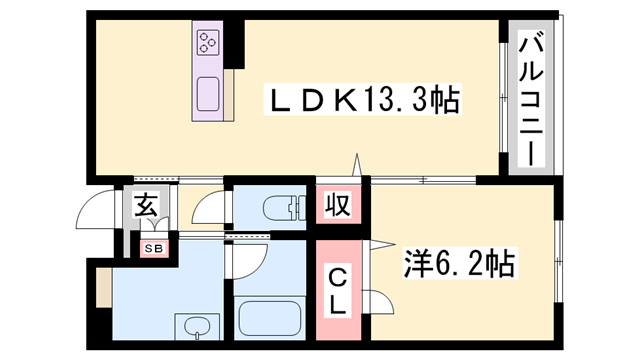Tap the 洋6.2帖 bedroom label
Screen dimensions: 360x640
[x=461, y=264]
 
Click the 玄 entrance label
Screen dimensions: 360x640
[x=145, y=207]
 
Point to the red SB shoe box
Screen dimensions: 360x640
[x=154, y=247]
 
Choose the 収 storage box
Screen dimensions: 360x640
[x=338, y=207]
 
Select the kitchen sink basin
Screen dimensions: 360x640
[x=209, y=93]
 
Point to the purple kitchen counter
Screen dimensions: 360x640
[x=209, y=69]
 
